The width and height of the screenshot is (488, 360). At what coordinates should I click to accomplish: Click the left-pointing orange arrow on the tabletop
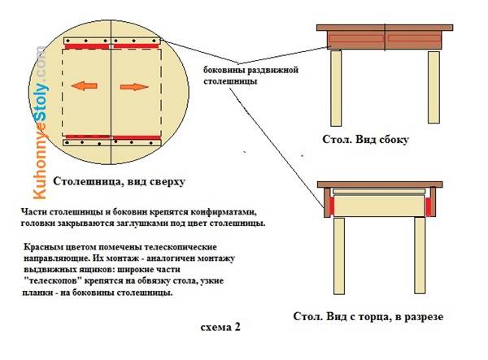84,86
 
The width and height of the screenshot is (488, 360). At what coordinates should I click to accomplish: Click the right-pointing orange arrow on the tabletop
134,87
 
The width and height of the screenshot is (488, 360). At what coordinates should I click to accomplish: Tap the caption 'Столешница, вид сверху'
119,181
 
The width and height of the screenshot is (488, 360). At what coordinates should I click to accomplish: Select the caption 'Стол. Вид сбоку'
365,139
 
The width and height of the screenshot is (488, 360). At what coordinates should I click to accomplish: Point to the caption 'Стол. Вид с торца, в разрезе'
368,316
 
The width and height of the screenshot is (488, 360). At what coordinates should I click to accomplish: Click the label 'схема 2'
220,327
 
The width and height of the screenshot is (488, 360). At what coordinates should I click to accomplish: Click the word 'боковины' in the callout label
224,70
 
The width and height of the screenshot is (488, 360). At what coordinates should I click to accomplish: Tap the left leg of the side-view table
336,88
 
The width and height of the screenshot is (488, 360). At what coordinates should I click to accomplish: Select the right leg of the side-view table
434,87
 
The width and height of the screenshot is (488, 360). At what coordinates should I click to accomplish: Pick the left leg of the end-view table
339,256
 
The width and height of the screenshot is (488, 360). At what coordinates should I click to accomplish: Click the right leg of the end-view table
420,255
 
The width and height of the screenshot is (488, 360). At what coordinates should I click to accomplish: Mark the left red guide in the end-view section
332,206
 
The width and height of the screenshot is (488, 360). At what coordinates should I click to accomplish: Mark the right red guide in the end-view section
429,206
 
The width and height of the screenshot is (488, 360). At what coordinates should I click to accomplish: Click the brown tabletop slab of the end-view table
380,184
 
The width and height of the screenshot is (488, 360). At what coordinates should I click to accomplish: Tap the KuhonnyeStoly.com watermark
40,123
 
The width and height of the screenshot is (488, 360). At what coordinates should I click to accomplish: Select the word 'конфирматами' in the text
224,212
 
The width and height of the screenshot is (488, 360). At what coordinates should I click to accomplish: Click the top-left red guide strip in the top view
87,46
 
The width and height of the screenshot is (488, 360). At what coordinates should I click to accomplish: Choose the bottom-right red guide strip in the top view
137,137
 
